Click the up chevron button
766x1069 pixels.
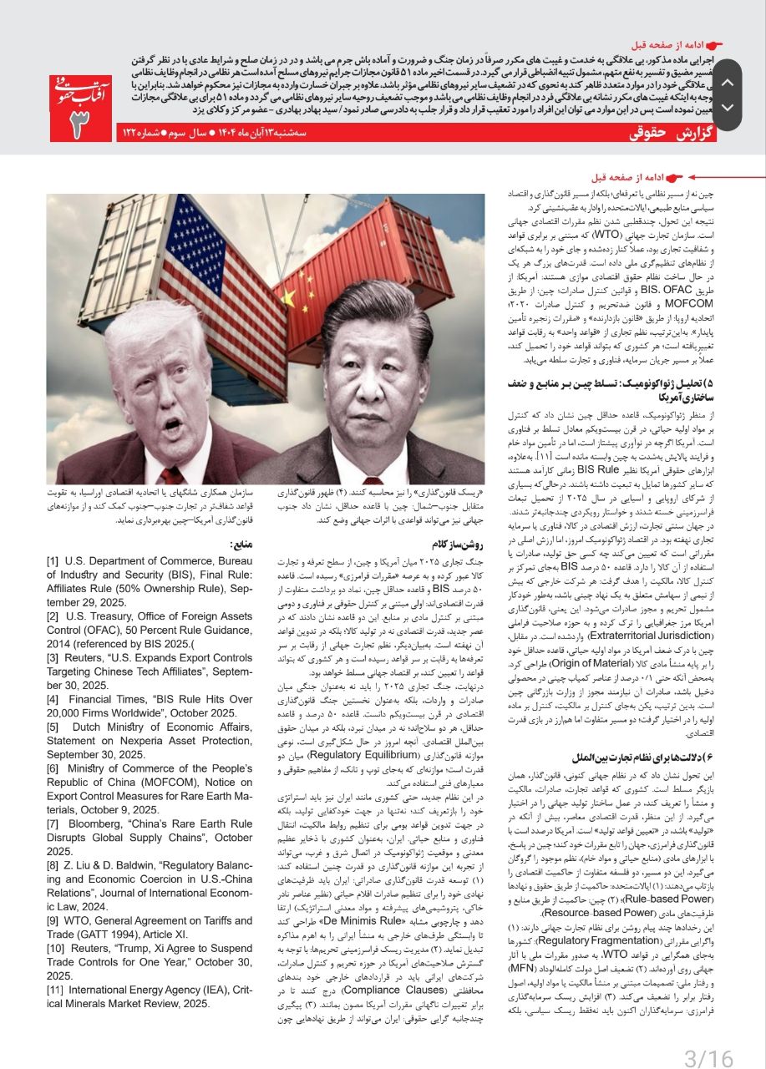pyautogui.click(x=727, y=83)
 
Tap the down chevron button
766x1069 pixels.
pyautogui.click(x=727, y=108)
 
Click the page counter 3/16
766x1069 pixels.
pyautogui.click(x=708, y=1059)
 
